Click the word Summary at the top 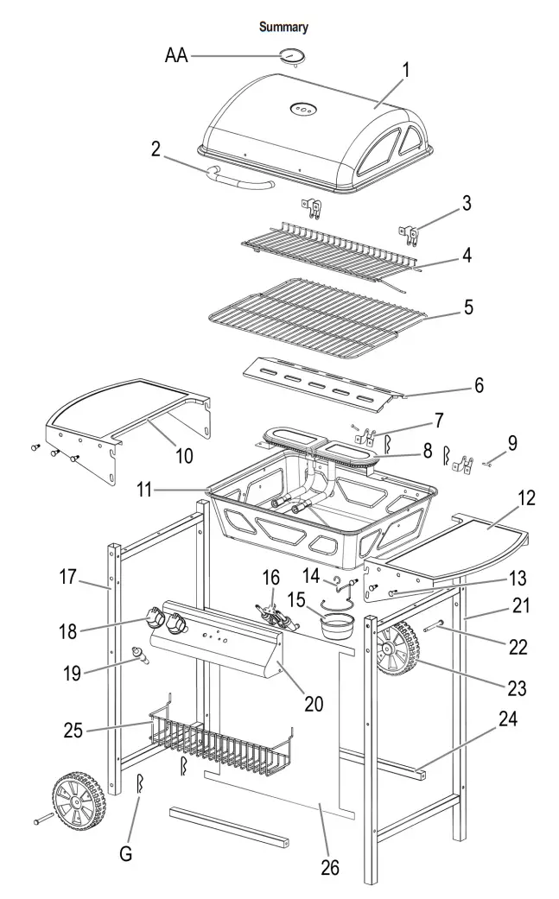tap(284, 28)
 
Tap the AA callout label tap(177, 56)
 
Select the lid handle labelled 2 tap(237, 180)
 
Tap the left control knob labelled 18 tap(156, 618)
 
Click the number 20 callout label tap(313, 704)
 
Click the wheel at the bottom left tap(78, 800)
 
